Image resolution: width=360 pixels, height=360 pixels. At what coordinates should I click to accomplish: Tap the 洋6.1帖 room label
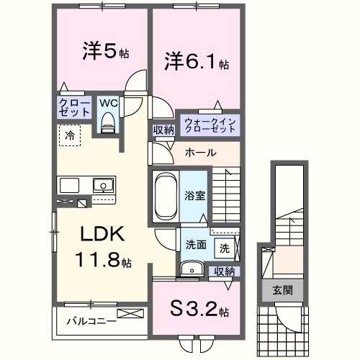(195, 63)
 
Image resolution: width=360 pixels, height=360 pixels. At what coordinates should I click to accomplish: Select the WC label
(108, 103)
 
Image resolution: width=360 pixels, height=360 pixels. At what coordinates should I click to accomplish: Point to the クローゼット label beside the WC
(75, 108)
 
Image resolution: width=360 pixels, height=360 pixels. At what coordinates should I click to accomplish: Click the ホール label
(199, 153)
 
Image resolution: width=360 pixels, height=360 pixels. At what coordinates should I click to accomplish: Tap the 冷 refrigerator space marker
(70, 134)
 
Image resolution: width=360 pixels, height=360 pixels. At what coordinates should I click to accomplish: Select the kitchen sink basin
(104, 186)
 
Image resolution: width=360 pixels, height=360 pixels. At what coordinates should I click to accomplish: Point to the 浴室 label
(194, 194)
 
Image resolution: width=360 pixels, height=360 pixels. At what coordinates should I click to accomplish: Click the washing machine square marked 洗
(224, 248)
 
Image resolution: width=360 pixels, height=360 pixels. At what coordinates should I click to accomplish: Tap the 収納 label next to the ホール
(163, 130)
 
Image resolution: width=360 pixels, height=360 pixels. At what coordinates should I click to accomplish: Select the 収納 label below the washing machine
(224, 271)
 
